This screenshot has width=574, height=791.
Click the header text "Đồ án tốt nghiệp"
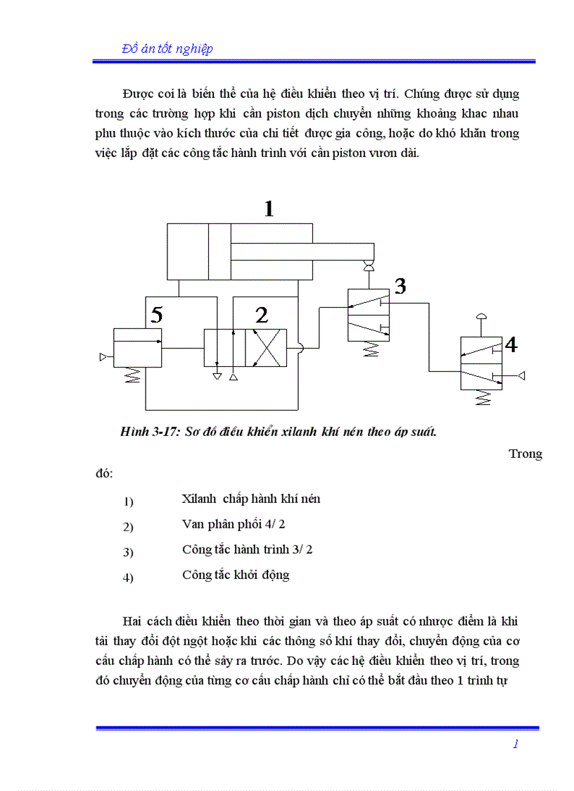click(x=167, y=49)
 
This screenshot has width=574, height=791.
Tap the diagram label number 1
click(x=269, y=208)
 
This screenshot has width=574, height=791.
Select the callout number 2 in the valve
click(x=262, y=315)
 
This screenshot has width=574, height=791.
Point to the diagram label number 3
click(x=400, y=286)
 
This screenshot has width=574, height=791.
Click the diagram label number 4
click(x=511, y=345)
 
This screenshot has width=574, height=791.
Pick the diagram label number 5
click(x=156, y=315)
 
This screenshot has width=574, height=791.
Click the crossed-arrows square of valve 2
click(x=266, y=347)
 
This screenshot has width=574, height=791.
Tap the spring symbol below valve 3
click(x=369, y=349)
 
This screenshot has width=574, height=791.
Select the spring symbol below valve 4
click(x=482, y=398)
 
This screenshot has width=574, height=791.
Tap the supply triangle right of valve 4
click(x=521, y=375)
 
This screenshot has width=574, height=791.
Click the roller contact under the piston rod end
click(x=367, y=266)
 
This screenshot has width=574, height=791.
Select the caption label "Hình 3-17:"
click(x=151, y=432)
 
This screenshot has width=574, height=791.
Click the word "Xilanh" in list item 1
click(x=199, y=499)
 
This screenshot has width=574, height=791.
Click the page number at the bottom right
click(x=516, y=744)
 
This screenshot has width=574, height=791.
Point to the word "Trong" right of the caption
click(x=525, y=454)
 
